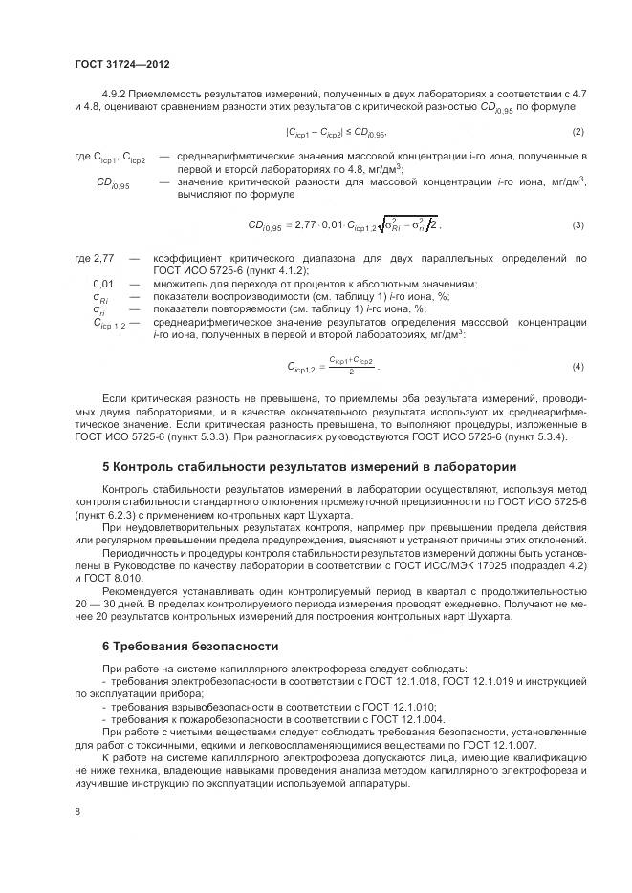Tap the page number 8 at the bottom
pyautogui.click(x=77, y=811)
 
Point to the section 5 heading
pyautogui.click(x=309, y=467)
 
